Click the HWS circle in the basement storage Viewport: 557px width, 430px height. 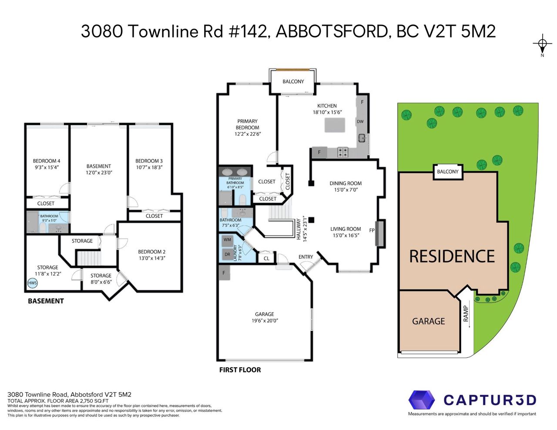coord(33,283)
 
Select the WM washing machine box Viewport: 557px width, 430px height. coord(227,240)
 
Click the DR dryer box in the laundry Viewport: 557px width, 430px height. coord(227,255)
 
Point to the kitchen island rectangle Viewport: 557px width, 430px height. coord(335,125)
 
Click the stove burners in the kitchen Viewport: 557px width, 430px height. coord(342,152)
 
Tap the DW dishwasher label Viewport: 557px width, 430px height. coord(360,121)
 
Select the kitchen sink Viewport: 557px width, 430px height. coord(362,138)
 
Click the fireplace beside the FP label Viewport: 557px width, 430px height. coord(379,234)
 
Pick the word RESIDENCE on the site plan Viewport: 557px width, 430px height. coord(452,256)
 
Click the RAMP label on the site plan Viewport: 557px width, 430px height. coord(466,314)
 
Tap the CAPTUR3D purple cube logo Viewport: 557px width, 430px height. coord(421,400)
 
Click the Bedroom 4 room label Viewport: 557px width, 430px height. coord(47,161)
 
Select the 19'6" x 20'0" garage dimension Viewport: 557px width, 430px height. coord(265,321)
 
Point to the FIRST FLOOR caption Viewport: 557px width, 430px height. coord(240,370)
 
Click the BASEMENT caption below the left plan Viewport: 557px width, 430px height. coord(46,301)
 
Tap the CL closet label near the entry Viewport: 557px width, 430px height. coord(266,259)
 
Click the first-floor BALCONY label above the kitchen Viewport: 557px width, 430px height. coord(293,81)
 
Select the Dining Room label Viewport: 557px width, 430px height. coord(346,184)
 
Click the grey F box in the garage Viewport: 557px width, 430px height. coord(224,273)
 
